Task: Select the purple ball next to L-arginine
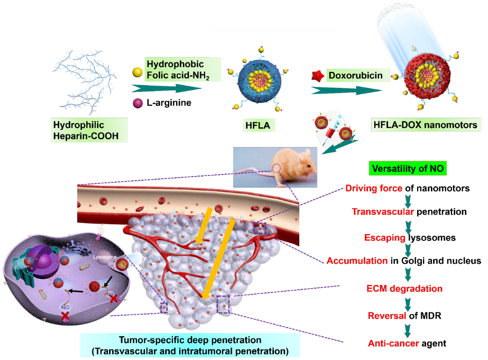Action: [x=136, y=102]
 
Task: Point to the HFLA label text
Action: [x=257, y=125]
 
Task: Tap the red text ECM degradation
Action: [x=404, y=289]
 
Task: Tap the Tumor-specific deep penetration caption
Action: [x=190, y=345]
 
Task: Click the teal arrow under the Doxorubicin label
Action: [x=346, y=90]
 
